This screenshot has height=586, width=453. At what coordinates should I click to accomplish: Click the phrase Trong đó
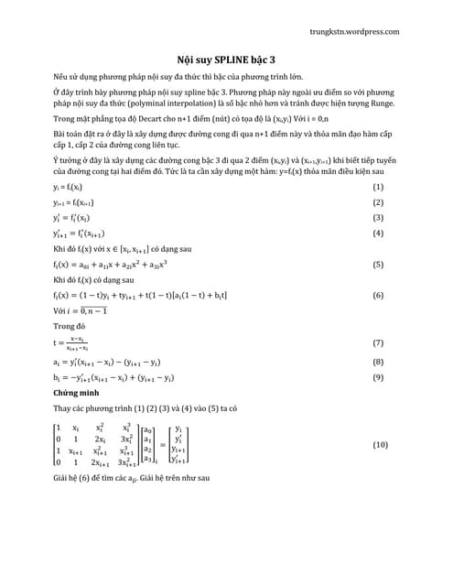[x=70, y=325]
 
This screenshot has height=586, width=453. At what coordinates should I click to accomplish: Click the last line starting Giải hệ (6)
[x=132, y=478]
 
